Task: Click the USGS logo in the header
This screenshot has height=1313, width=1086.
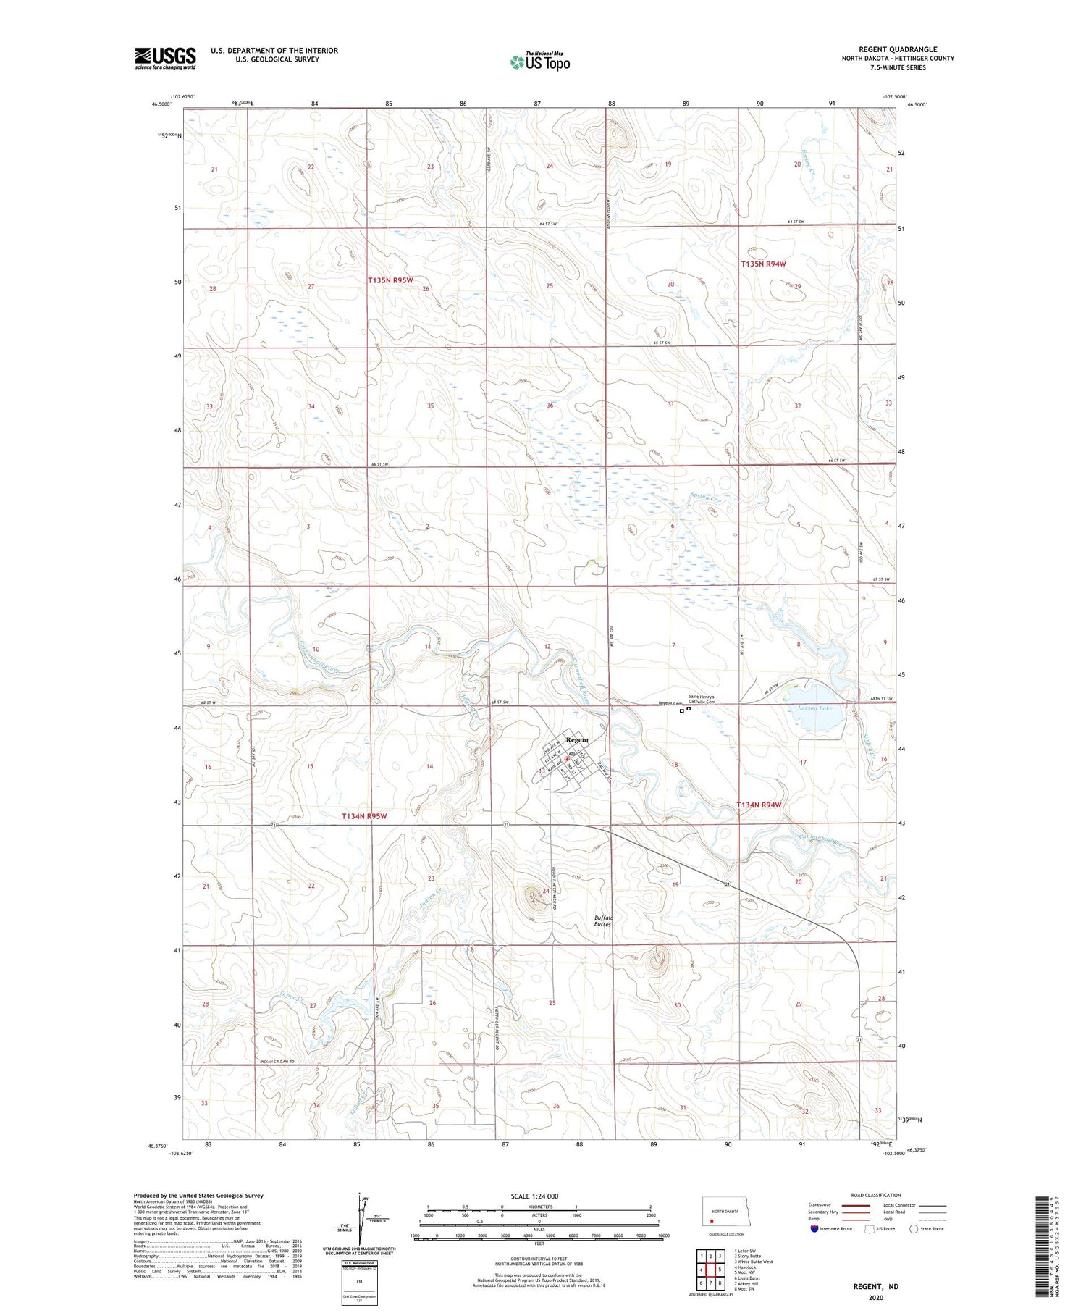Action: click(165, 58)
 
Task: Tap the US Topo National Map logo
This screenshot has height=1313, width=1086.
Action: click(539, 62)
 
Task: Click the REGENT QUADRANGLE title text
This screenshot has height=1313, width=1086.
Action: click(897, 49)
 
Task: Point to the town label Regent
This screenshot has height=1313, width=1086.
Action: click(577, 739)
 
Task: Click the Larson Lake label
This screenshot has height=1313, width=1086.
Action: click(815, 708)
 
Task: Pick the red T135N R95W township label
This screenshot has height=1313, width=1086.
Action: click(390, 280)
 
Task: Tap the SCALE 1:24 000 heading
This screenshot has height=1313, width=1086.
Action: click(534, 1196)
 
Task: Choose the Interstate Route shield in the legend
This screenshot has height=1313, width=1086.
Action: click(815, 1229)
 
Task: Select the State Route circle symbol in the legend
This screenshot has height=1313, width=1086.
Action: click(914, 1229)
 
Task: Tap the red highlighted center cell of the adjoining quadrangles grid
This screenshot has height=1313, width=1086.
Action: click(710, 1270)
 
